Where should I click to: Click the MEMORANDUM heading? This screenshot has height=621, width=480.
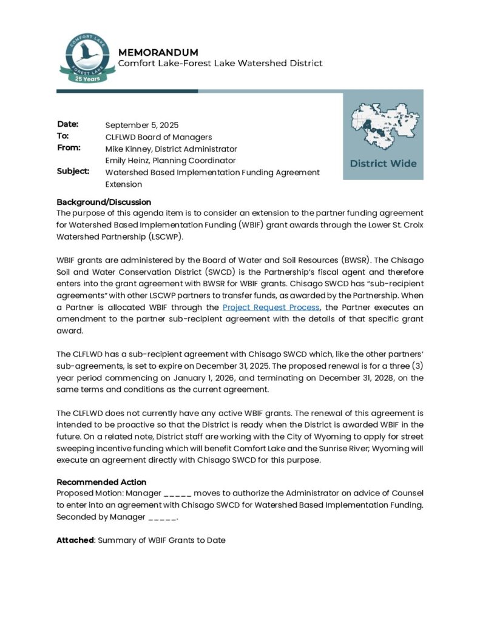(x=158, y=52)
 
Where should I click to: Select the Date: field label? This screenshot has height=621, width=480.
(x=68, y=124)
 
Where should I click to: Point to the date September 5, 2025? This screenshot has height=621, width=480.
(x=142, y=126)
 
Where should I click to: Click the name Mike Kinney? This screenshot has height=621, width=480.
(x=129, y=149)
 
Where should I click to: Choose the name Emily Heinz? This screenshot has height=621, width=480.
(x=128, y=161)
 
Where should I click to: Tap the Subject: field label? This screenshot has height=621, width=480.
(x=73, y=172)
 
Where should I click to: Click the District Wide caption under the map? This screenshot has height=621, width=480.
(x=383, y=163)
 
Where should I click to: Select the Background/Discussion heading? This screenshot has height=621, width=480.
(x=104, y=202)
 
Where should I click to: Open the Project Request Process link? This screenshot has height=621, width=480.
(x=271, y=307)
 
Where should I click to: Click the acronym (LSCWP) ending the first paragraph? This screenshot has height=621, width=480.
(x=164, y=237)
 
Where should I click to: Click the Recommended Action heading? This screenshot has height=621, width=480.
(x=101, y=482)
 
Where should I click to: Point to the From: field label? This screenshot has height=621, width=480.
(x=69, y=147)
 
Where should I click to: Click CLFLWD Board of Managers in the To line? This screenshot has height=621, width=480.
(x=158, y=137)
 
